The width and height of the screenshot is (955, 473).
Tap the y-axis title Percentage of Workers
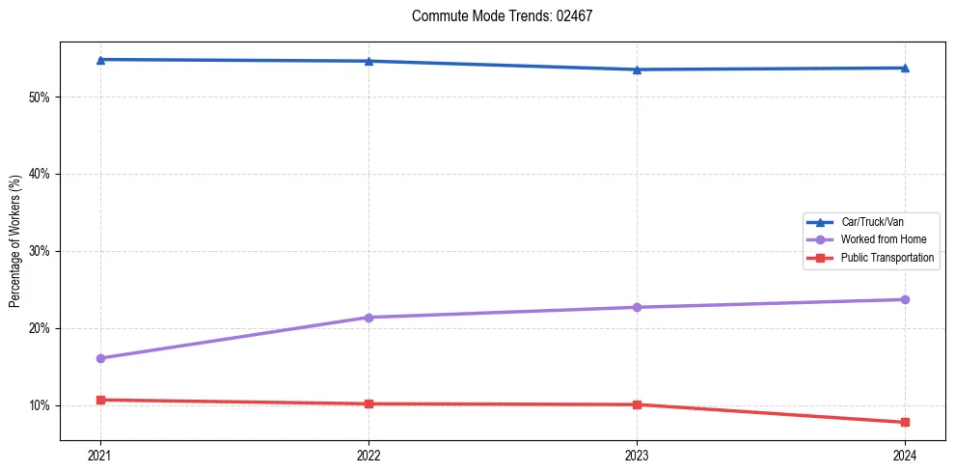14,241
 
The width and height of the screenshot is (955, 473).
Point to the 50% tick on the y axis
39,97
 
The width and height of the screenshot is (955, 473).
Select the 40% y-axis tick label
39,175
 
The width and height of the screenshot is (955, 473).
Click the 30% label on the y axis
39,252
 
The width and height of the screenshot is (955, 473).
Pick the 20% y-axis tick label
39,329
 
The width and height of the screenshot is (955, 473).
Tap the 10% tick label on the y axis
39,405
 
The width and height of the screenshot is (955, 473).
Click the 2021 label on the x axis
100,454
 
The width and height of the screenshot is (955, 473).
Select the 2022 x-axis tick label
368,454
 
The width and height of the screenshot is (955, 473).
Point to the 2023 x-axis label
637,454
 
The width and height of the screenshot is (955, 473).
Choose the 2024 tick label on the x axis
905,454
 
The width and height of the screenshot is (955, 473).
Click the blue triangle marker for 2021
100,60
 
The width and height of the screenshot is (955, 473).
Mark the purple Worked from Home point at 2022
368,318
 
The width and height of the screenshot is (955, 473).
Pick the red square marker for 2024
905,423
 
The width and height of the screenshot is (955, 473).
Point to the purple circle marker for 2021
100,358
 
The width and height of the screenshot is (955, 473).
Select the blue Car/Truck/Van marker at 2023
637,70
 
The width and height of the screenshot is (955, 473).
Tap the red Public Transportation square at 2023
637,404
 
